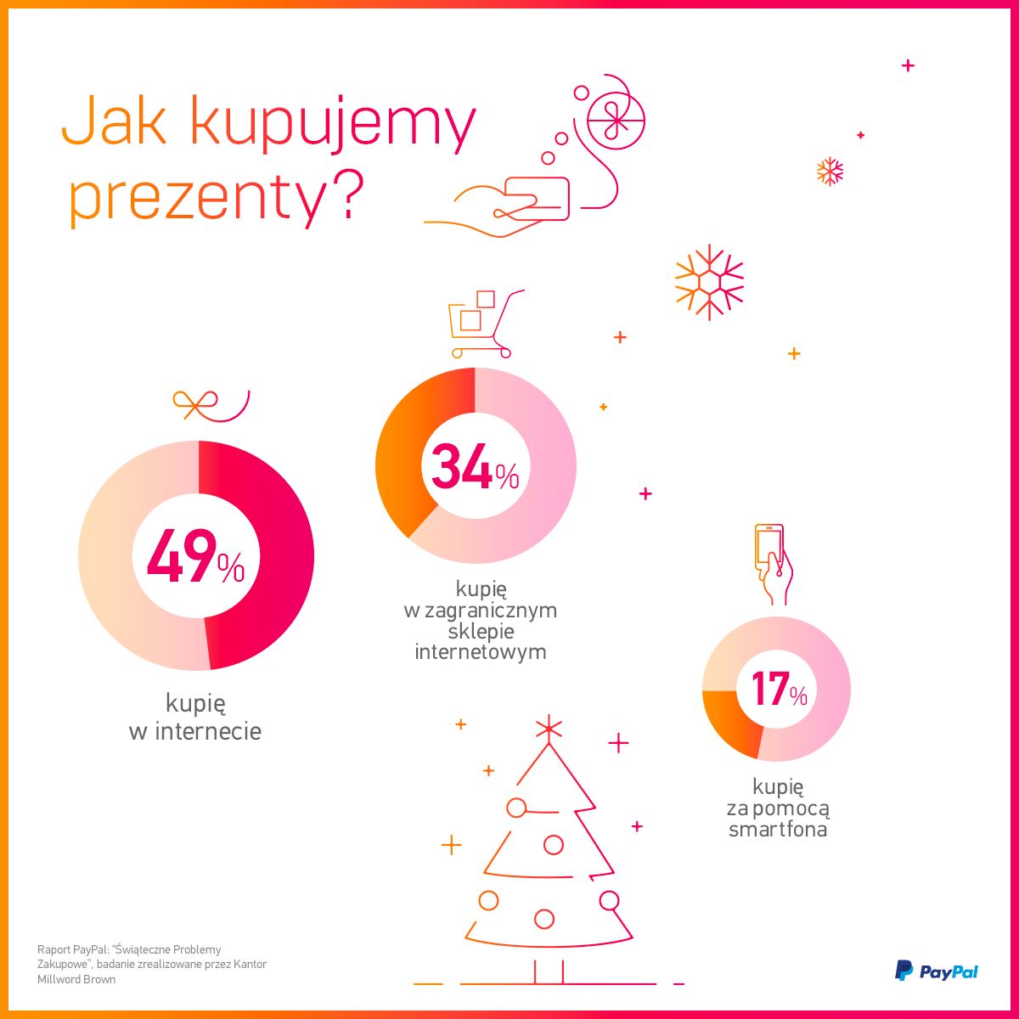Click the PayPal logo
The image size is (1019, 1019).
tap(936, 971)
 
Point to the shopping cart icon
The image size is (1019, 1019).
tap(484, 324)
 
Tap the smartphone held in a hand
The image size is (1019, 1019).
tap(770, 548)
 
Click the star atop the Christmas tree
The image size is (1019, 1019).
tap(549, 727)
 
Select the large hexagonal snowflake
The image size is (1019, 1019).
tap(709, 283)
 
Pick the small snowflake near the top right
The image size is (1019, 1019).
tap(830, 172)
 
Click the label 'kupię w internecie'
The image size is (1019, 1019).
tap(195, 718)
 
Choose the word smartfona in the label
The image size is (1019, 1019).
tap(778, 830)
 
